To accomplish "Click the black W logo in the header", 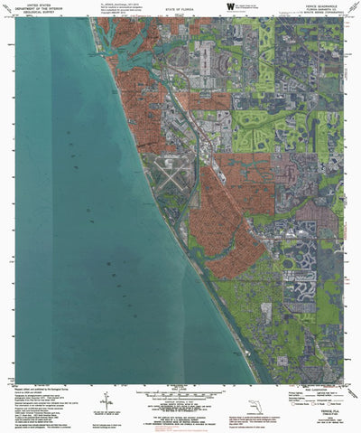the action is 231,6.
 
